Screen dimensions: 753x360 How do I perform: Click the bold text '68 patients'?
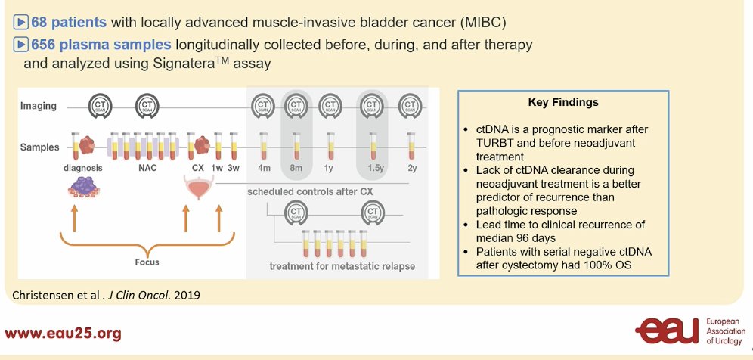click(69, 22)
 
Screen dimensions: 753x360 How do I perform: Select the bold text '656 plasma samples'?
click(101, 45)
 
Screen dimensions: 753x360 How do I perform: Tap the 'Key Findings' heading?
click(563, 102)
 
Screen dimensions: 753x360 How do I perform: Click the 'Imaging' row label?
click(38, 106)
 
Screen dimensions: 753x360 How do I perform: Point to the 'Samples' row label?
click(40, 147)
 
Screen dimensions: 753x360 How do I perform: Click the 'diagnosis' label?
click(83, 169)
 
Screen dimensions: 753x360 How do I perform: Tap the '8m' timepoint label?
click(296, 169)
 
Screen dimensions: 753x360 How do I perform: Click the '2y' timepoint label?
click(411, 169)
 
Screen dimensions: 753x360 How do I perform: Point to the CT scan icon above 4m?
click(263, 106)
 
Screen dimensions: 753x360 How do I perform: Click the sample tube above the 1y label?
click(330, 146)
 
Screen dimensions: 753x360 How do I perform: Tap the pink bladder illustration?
click(200, 188)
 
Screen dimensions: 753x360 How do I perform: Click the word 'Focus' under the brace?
click(147, 262)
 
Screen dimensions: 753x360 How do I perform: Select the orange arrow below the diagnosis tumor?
click(74, 219)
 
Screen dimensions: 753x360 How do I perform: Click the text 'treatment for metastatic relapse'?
click(342, 265)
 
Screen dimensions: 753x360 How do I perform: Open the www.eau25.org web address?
click(63, 334)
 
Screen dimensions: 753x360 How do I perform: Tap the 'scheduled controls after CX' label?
click(310, 192)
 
